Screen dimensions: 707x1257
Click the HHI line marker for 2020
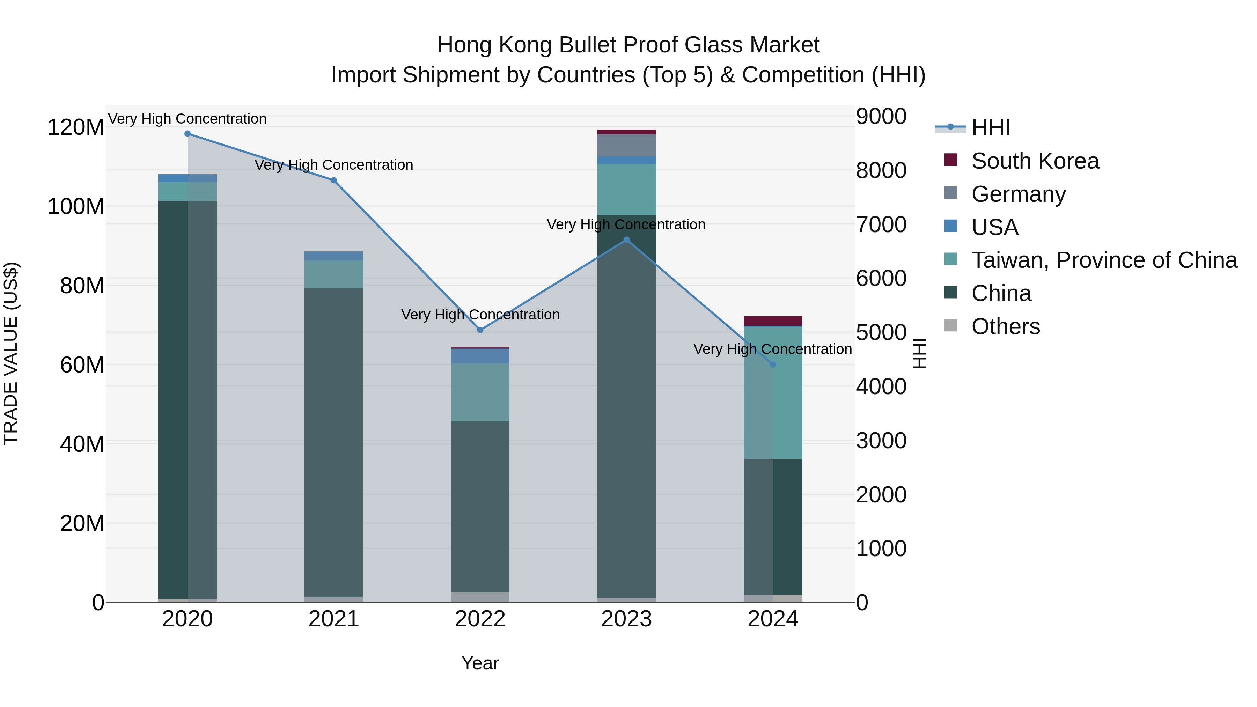(188, 134)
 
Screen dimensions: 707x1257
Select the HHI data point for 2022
(480, 330)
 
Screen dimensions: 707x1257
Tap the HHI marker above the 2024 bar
(773, 364)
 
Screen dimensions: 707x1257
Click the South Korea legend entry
(1035, 161)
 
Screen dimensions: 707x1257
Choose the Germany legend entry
(1019, 194)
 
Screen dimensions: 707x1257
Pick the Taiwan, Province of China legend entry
(1104, 260)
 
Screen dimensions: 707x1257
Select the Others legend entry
(1005, 326)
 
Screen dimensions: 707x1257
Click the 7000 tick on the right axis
(881, 224)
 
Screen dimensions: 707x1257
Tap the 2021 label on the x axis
(334, 619)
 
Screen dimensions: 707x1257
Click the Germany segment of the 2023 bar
(626, 145)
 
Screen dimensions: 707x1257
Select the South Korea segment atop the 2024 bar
(773, 321)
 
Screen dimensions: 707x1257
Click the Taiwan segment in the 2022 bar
(480, 392)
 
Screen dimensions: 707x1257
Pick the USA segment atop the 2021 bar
(334, 256)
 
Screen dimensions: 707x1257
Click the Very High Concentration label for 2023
(626, 224)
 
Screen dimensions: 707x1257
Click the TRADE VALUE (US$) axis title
(11, 353)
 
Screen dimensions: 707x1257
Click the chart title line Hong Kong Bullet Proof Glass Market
(628, 45)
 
